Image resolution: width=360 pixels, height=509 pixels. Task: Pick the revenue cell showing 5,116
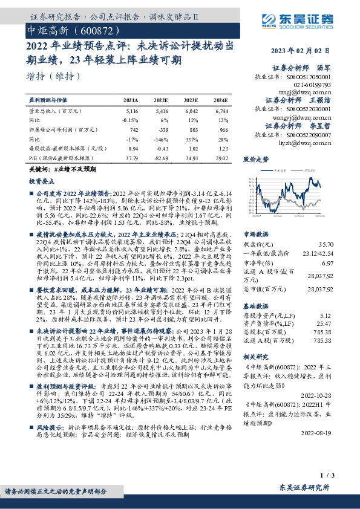pos(131,112)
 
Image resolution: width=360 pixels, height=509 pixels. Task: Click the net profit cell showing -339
pos(162,129)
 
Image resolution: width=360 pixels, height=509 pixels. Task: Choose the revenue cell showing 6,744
pos(222,112)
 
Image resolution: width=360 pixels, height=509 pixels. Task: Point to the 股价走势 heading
pos(255,160)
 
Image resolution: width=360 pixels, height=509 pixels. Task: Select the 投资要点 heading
pos(42,181)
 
